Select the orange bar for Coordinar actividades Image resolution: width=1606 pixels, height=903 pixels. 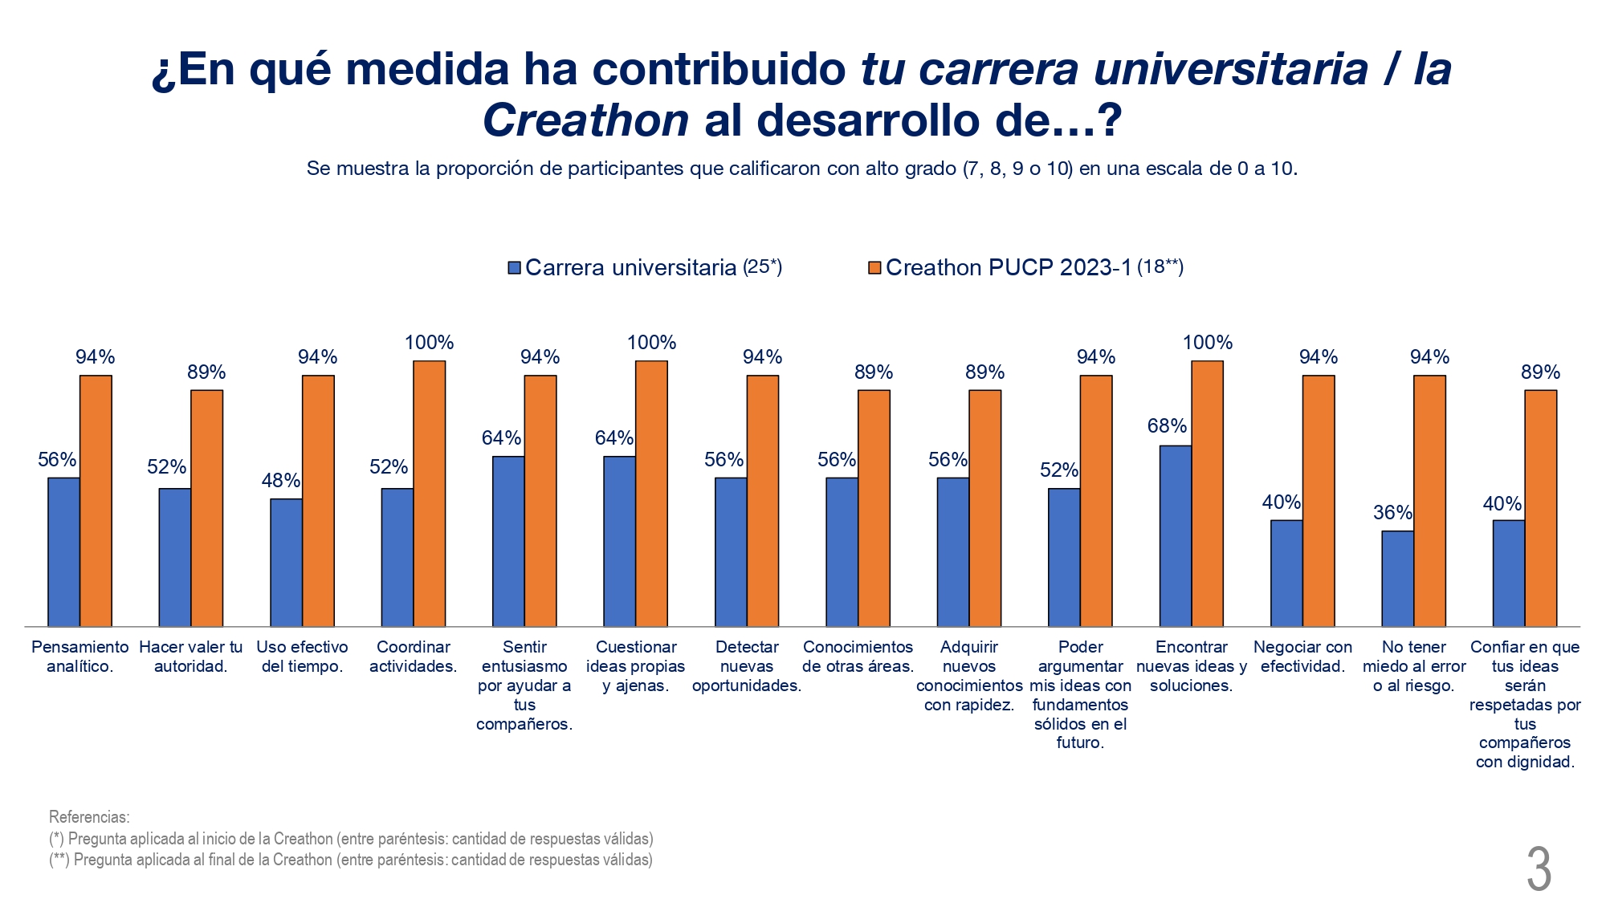429,494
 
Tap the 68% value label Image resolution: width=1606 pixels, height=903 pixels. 1167,426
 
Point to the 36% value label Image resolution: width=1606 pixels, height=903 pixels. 1392,513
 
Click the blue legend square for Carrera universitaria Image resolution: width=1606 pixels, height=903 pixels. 515,268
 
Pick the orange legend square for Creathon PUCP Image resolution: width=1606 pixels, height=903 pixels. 875,268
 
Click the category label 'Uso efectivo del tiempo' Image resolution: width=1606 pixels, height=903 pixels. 302,657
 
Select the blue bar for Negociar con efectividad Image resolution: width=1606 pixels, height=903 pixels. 1286,573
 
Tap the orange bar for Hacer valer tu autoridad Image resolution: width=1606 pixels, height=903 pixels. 206,508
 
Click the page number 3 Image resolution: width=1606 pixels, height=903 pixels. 1539,869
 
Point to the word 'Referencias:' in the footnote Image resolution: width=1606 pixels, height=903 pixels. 89,817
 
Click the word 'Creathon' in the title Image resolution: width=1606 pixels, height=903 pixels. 585,120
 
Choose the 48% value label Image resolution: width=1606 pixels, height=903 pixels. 281,481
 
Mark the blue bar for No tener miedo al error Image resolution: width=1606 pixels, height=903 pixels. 1397,579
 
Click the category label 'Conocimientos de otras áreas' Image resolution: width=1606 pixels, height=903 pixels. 858,657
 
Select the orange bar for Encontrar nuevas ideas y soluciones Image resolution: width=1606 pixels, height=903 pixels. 1207,494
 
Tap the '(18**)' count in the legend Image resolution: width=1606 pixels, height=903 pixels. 1160,267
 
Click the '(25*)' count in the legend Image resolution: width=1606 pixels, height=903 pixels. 762,267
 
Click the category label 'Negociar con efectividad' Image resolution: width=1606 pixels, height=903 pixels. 1302,657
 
